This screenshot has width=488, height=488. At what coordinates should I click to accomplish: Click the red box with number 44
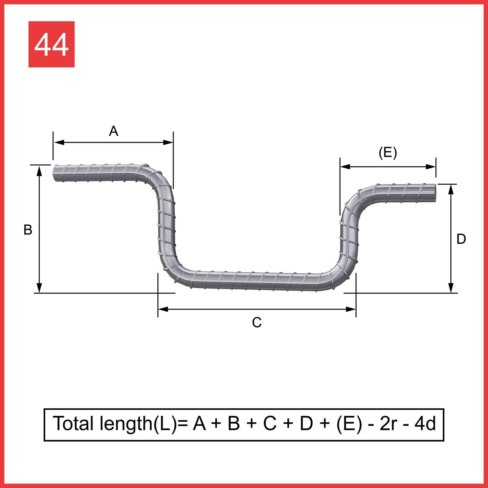(x=51, y=44)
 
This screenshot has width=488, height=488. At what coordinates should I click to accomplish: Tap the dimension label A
(x=113, y=131)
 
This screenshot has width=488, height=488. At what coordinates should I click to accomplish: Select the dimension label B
(x=28, y=230)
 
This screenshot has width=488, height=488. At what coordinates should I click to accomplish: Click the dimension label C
(x=257, y=322)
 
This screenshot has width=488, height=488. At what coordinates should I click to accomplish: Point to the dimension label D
(x=461, y=239)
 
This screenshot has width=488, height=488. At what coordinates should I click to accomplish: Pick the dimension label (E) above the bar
(x=388, y=152)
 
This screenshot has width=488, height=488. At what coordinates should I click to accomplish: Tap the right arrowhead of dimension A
(x=168, y=142)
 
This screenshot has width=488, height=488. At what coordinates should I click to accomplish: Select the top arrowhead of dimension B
(x=39, y=171)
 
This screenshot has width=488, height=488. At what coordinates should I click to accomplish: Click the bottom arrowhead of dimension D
(x=451, y=288)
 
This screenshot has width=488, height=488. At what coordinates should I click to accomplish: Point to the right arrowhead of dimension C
(x=350, y=309)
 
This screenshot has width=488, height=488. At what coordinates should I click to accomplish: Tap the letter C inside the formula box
(x=270, y=424)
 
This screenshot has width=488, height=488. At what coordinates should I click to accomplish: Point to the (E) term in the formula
(x=349, y=424)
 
